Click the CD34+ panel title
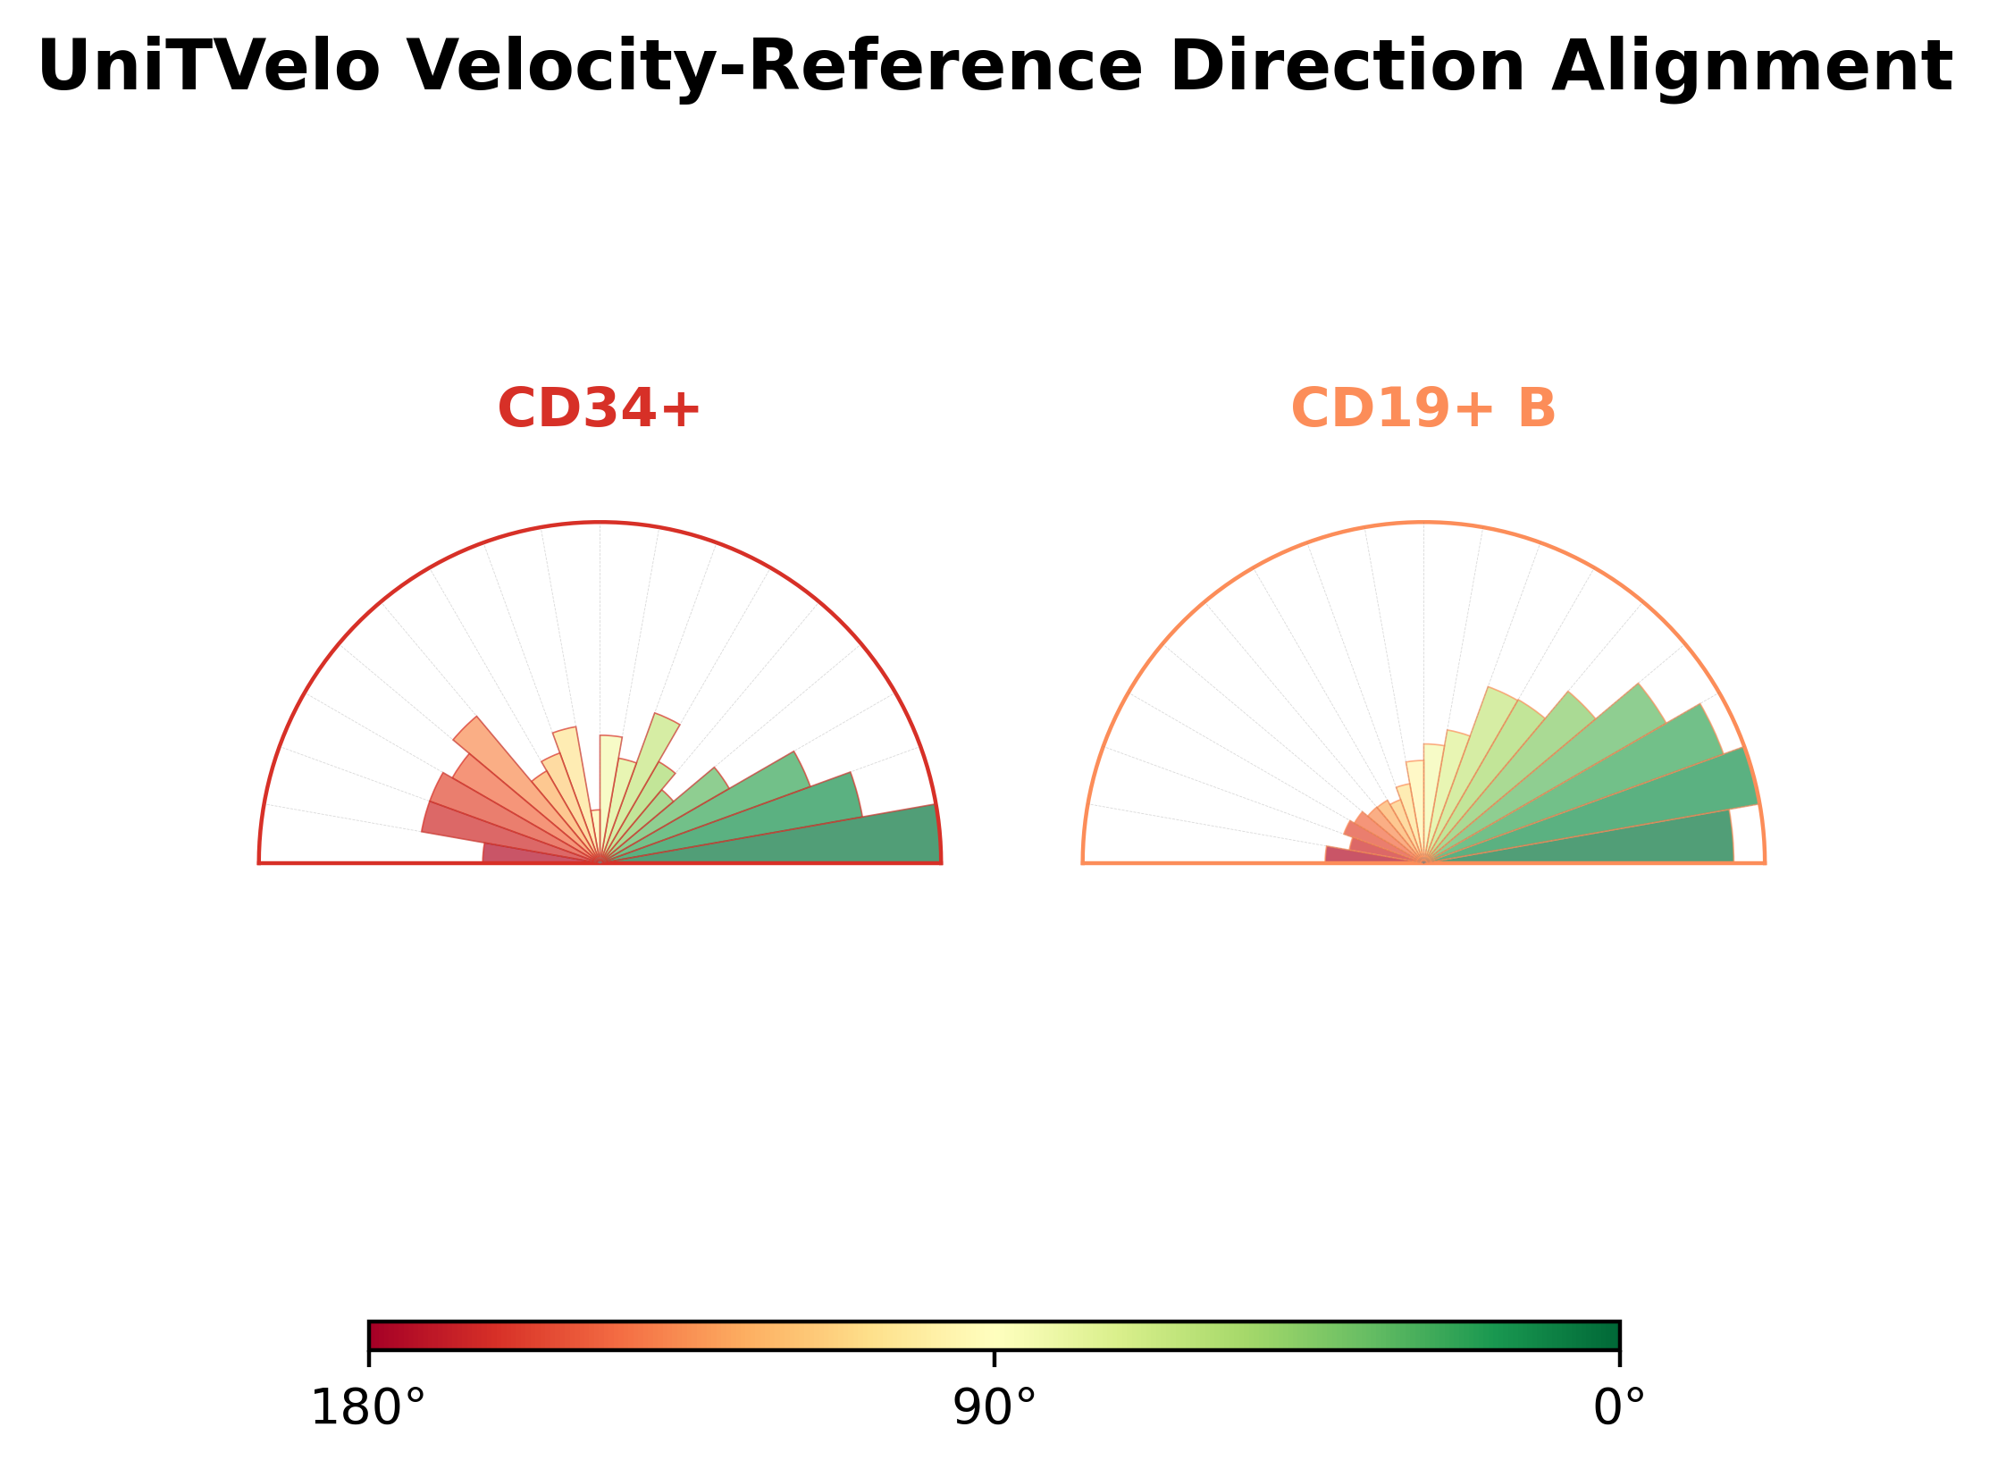[599, 409]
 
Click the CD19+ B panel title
[1423, 409]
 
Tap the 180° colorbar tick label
[367, 1409]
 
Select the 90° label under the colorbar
[994, 1409]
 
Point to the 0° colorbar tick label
[1619, 1409]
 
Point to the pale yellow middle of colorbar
[994, 1336]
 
